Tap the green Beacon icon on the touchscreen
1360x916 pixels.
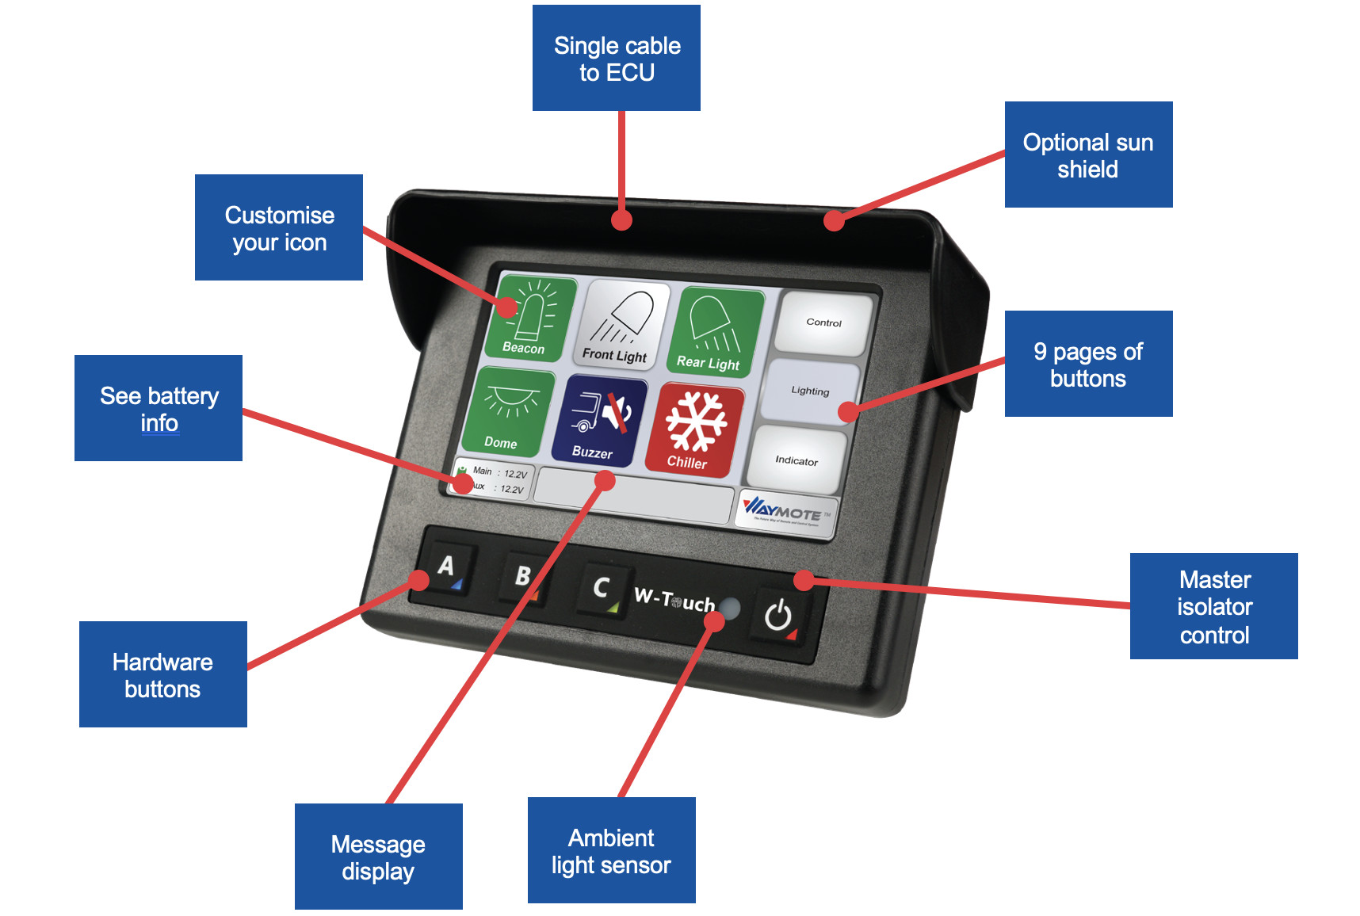click(529, 319)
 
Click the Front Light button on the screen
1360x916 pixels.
click(622, 324)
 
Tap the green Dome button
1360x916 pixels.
click(506, 411)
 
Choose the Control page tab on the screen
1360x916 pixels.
click(823, 323)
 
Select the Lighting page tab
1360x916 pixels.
click(809, 391)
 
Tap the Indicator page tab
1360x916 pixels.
click(796, 460)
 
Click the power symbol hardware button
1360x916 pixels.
click(778, 615)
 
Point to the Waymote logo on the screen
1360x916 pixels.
click(785, 510)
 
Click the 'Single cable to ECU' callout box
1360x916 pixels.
click(617, 59)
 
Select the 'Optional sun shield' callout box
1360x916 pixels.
click(1088, 155)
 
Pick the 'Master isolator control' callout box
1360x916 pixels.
click(1213, 607)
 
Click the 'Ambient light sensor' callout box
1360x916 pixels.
click(611, 851)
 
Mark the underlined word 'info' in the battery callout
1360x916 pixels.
click(159, 423)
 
